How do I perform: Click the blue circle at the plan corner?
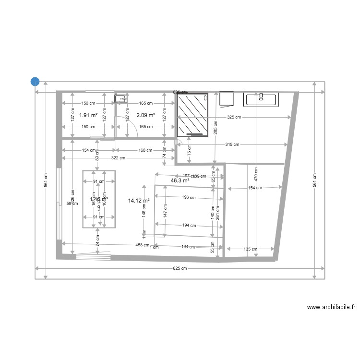[x=35, y=82]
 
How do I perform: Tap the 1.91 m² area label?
[x=88, y=115]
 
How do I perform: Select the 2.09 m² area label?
[x=145, y=115]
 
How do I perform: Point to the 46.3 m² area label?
[x=180, y=181]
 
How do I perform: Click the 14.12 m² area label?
[x=139, y=201]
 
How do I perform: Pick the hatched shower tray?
[x=193, y=115]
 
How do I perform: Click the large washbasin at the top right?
[x=261, y=100]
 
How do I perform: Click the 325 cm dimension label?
[x=234, y=117]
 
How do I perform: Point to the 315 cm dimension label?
[x=232, y=144]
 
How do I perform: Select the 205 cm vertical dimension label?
[x=216, y=127]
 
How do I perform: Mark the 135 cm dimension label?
[x=251, y=249]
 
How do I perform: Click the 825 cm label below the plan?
[x=180, y=268]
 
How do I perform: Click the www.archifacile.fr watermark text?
[x=331, y=308]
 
